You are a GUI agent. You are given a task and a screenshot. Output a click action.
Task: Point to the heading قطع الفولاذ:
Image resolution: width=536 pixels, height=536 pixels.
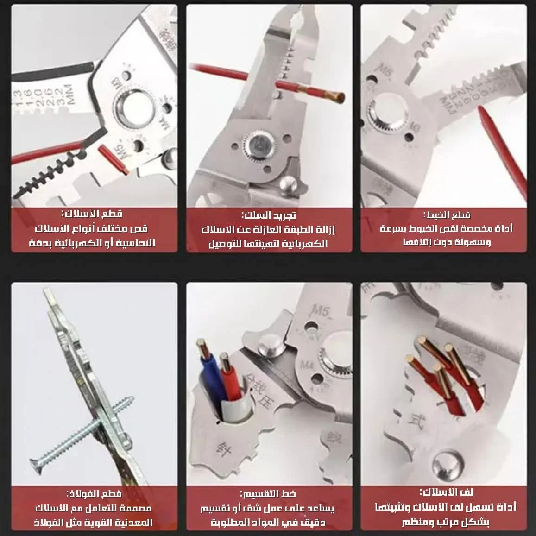pos(95,494)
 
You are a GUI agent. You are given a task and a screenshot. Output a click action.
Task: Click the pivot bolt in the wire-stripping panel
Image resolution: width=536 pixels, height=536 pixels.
pos(258,145)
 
